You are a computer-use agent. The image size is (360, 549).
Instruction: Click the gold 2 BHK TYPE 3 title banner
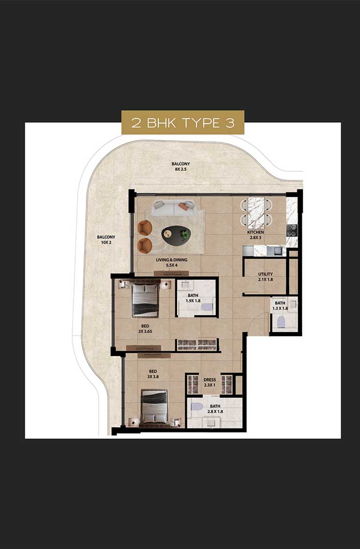pos(183,122)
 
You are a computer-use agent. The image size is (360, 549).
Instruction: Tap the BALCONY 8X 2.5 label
pos(181,166)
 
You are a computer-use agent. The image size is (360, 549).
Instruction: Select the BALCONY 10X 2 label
pos(106,240)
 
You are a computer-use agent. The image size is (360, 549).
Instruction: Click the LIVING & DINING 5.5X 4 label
pos(171,262)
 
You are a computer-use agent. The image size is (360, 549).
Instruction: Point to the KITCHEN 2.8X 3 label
pos(256,234)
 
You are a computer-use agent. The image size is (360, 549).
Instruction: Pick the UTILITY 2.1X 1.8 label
pos(265,277)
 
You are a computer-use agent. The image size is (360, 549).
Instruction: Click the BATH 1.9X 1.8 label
pos(193,298)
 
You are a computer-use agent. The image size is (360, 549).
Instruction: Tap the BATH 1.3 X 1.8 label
pos(280,306)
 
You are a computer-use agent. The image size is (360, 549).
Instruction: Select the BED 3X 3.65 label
pos(145,329)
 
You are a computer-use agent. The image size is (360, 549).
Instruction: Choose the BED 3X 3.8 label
pos(153,374)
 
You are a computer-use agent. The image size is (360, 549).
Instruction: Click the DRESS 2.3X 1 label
pos(209,382)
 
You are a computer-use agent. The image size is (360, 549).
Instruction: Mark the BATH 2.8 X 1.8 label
pos(215,409)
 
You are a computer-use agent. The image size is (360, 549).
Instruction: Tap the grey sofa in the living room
pos(174,208)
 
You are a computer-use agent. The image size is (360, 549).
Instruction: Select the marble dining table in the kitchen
pos(256,212)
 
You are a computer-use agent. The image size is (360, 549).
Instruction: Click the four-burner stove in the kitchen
pos(292,230)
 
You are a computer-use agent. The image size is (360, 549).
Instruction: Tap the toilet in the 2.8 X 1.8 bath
pos(197,407)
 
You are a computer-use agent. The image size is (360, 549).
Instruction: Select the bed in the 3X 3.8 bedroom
pos(154,407)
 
